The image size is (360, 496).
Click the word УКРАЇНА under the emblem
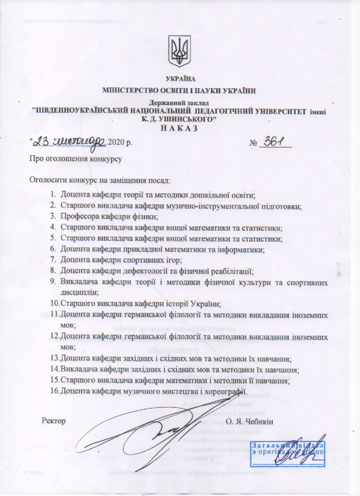coord(180,79)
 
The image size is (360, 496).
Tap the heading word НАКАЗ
coord(180,127)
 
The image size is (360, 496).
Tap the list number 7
coord(53,260)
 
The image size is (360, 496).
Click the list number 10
coord(55,304)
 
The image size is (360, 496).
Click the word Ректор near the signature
coord(54,420)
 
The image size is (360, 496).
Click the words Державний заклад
coord(180,103)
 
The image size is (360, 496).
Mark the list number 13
coord(55,359)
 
